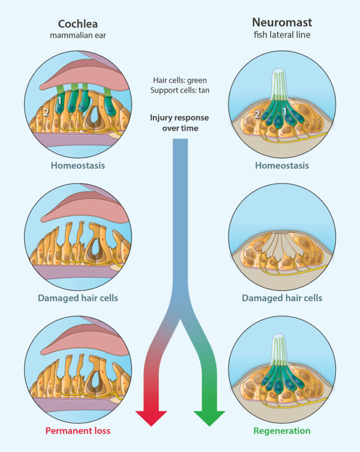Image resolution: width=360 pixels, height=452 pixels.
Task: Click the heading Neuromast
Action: (x=282, y=24)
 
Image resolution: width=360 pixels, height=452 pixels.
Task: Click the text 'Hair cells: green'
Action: (x=180, y=80)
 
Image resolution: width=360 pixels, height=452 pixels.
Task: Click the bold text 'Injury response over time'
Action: (x=180, y=123)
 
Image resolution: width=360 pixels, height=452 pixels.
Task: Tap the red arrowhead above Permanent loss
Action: (x=151, y=417)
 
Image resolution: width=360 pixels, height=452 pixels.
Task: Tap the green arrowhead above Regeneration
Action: (x=209, y=417)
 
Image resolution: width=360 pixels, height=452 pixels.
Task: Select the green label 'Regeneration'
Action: (x=282, y=431)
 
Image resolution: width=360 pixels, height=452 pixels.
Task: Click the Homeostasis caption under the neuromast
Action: (x=282, y=166)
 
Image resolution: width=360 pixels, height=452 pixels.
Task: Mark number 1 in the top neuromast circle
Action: (x=285, y=111)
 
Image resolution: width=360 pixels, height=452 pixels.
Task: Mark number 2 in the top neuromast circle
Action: (x=257, y=115)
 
